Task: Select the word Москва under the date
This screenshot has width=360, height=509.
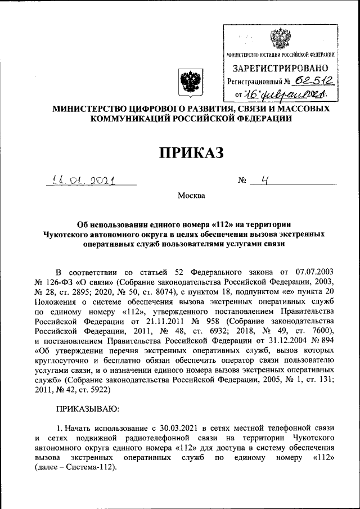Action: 192,196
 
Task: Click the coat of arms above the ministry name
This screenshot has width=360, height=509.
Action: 186,82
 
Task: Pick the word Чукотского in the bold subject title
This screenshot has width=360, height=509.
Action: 67,235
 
